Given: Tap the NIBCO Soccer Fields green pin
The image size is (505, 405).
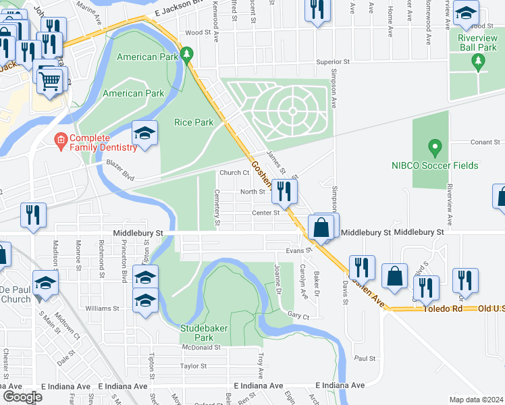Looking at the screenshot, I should click(435, 146).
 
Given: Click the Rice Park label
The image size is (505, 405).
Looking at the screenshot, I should click(194, 122).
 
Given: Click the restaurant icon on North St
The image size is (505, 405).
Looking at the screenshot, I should click(284, 192).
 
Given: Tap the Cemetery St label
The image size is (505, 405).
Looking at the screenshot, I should click(217, 207).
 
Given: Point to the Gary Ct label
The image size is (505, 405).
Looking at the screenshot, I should click(298, 316).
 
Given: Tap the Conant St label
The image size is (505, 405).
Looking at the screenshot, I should click(485, 142).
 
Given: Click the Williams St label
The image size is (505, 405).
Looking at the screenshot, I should click(102, 308).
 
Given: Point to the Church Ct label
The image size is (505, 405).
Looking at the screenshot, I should click(234, 172).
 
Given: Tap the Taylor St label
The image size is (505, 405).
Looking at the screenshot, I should click(193, 367).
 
